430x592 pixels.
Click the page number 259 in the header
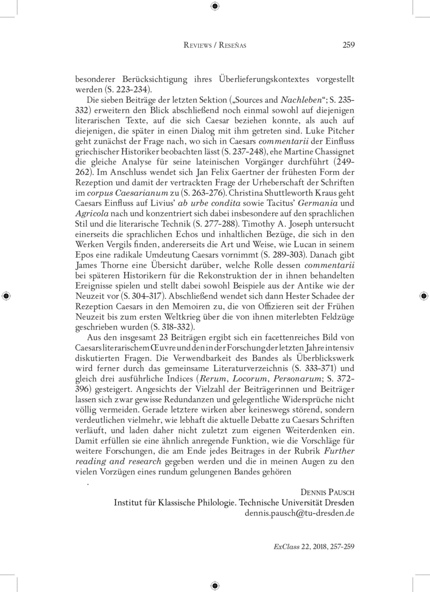pyautogui.click(x=348, y=45)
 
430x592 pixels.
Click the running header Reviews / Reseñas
pyautogui.click(x=215, y=46)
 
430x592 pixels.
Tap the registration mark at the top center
pyautogui.click(x=215, y=6)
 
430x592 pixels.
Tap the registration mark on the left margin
pyautogui.click(x=6, y=296)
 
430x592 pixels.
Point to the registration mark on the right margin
pyautogui.click(x=424, y=296)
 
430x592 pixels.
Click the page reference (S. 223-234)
pyautogui.click(x=126, y=89)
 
